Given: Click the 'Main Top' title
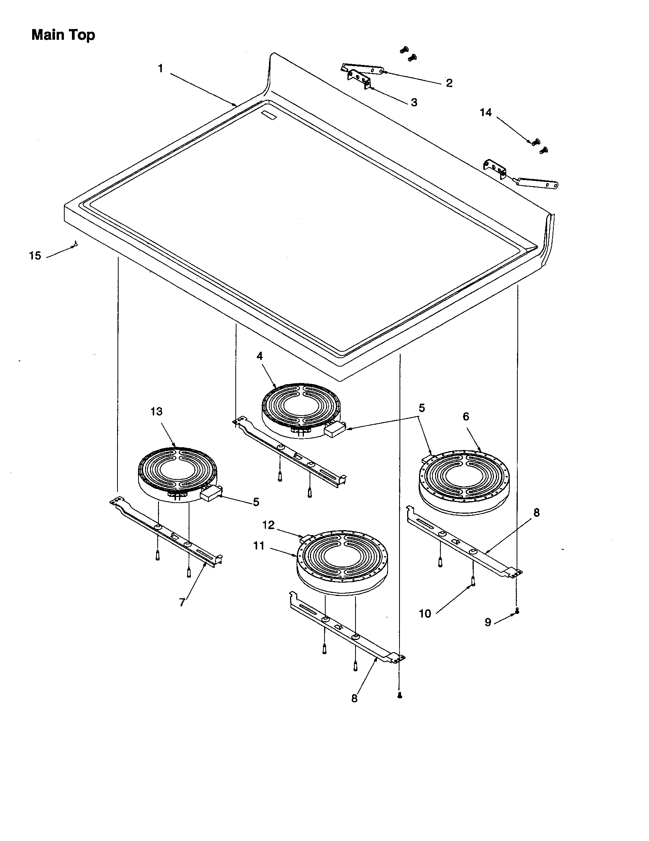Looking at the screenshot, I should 63,35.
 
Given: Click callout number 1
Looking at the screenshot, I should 160,69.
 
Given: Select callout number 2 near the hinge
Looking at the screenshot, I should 449,83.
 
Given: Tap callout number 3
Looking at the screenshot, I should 414,103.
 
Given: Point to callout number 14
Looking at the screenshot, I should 486,112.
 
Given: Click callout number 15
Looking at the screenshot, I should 35,256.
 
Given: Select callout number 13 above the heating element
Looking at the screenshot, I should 157,412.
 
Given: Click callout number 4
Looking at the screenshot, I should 260,356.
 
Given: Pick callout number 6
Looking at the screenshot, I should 466,416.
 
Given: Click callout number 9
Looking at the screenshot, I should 488,622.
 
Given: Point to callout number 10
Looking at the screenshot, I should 425,614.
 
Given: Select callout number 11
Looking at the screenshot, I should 259,546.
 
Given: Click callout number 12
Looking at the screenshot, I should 269,525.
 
